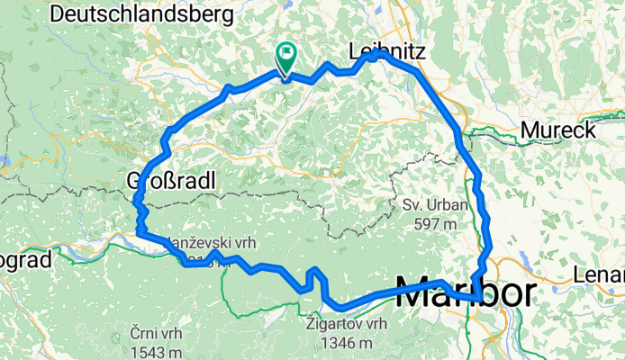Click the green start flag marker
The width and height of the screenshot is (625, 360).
click(286, 58)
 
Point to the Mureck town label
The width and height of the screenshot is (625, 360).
click(557, 131)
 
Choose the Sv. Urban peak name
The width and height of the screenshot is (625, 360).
click(434, 205)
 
